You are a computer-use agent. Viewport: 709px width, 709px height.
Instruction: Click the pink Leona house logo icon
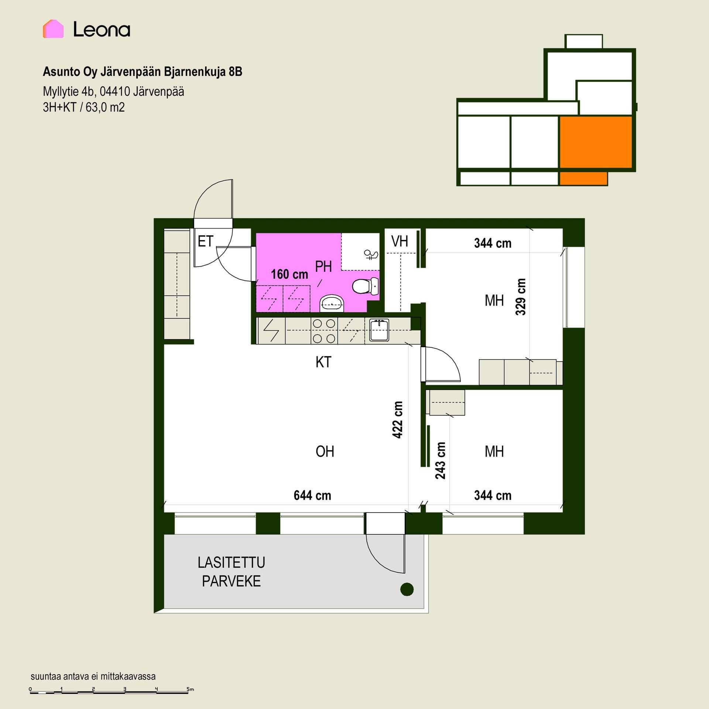[x=53, y=29]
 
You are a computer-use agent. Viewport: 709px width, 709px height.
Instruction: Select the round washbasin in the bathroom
[x=332, y=303]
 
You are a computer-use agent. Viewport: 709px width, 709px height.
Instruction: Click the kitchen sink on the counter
[x=379, y=330]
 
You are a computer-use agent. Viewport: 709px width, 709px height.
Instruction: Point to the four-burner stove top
[x=324, y=331]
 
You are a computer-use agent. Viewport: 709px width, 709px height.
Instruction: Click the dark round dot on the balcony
[x=407, y=589]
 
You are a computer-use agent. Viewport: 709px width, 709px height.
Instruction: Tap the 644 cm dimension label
[x=312, y=495]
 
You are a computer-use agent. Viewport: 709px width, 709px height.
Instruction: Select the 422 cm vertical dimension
[x=397, y=419]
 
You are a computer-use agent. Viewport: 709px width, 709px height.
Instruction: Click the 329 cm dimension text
[x=521, y=297]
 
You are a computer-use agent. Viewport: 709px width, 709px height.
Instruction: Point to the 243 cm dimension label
[x=440, y=460]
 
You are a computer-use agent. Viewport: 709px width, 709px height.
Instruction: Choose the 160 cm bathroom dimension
[x=290, y=274]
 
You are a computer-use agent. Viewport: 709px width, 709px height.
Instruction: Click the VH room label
[x=400, y=242]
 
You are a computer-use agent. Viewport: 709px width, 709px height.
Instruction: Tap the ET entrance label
[x=205, y=242]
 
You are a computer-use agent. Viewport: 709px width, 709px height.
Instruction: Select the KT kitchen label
[x=323, y=362]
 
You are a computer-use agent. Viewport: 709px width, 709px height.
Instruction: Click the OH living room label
[x=325, y=452]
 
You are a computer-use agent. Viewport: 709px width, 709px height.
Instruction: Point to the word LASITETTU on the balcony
[x=232, y=563]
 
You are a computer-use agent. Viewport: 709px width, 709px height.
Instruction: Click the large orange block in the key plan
[x=596, y=142]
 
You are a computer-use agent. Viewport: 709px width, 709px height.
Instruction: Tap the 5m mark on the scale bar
[x=190, y=689]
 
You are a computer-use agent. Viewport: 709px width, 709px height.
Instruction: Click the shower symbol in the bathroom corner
[x=371, y=254]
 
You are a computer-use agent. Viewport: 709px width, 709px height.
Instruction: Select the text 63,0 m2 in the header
[x=105, y=107]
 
